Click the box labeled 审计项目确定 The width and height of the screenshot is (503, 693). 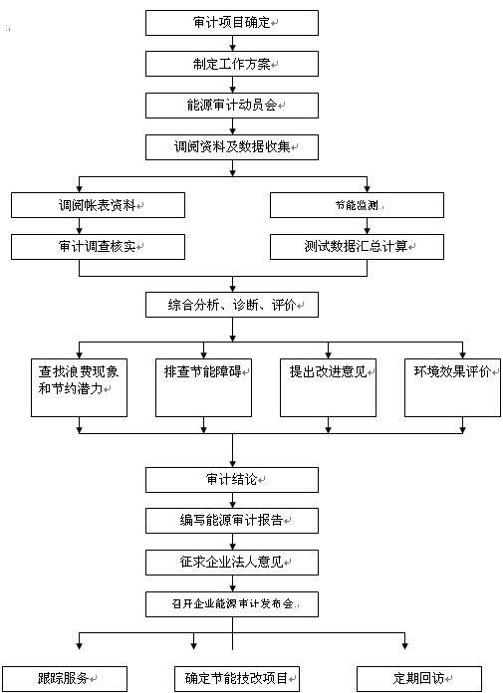click(232, 22)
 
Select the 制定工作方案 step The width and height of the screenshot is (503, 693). click(232, 64)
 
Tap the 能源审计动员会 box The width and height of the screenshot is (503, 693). click(232, 105)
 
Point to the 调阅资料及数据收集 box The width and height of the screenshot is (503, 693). click(232, 146)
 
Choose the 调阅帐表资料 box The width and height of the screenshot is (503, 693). click(98, 204)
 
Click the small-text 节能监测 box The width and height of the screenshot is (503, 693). click(357, 204)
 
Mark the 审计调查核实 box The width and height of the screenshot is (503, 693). click(98, 246)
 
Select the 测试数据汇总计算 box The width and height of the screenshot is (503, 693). click(357, 246)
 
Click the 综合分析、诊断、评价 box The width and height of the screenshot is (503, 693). click(232, 304)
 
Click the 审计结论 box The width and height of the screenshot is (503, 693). click(232, 479)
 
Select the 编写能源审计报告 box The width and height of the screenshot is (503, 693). click(232, 520)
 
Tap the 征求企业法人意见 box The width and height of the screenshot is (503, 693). click(232, 562)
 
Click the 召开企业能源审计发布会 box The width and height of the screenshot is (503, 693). click(232, 603)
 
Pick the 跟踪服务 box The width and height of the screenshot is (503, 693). click(65, 678)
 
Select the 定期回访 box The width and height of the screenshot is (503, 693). click(418, 678)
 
